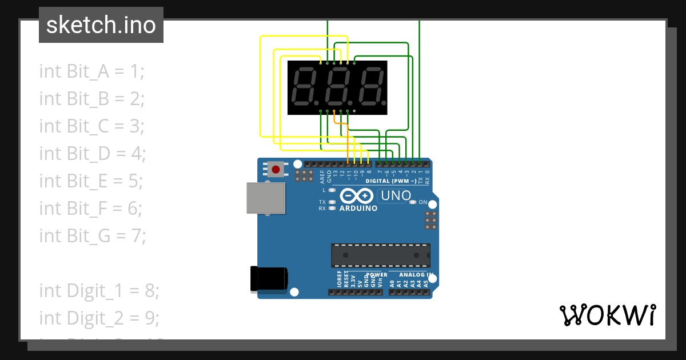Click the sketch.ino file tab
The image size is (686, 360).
(x=101, y=25)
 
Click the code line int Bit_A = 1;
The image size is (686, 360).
(x=92, y=71)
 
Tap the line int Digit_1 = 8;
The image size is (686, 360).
(x=99, y=290)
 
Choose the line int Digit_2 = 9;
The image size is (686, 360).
(x=99, y=317)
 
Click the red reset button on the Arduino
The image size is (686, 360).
(x=277, y=169)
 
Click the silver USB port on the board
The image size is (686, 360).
(x=266, y=198)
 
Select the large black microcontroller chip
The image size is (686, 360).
(x=381, y=255)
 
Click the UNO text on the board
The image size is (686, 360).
(x=396, y=196)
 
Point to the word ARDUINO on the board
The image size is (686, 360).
(x=358, y=209)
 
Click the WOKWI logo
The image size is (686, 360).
(x=608, y=315)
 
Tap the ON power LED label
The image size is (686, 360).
(x=423, y=202)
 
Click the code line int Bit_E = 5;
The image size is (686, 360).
(x=91, y=181)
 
